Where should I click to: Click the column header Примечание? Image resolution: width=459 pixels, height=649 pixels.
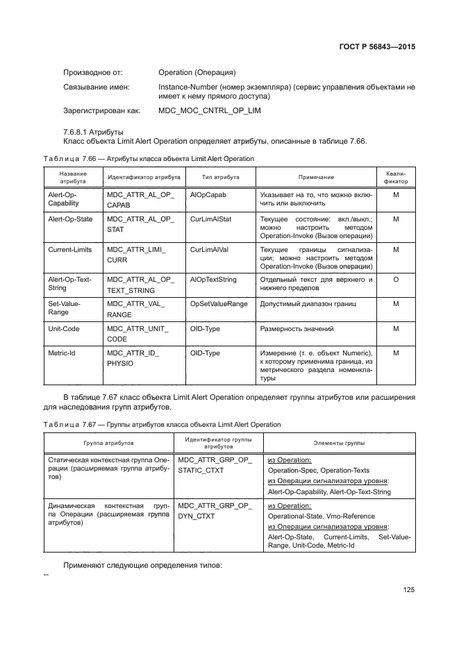click(316, 178)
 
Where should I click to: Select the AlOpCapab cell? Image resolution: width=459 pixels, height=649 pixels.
click(208, 195)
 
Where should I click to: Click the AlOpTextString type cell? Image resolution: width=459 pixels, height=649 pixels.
click(213, 279)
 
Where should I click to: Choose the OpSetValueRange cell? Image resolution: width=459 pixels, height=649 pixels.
click(219, 304)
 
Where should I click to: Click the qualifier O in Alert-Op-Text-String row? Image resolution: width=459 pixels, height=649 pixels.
click(395, 279)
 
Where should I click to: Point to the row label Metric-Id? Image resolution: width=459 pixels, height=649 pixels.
click(62, 353)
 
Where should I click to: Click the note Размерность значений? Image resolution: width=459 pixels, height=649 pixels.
click(297, 328)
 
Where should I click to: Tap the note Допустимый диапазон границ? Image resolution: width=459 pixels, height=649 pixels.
click(308, 304)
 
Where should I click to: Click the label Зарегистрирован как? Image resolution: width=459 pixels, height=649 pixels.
click(102, 110)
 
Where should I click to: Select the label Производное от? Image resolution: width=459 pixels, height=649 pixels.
click(93, 72)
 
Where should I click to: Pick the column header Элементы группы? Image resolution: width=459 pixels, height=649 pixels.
click(339, 441)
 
